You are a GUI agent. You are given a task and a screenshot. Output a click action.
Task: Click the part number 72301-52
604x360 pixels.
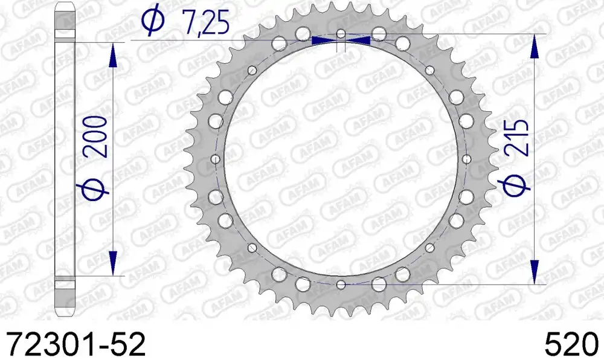76,344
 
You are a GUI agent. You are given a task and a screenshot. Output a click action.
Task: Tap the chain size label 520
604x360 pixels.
571,344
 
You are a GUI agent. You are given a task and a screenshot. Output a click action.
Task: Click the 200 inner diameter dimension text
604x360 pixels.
96,137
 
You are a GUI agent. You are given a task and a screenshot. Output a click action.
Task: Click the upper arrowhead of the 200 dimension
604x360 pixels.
112,55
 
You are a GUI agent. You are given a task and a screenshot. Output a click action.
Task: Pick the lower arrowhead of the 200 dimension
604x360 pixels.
112,263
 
